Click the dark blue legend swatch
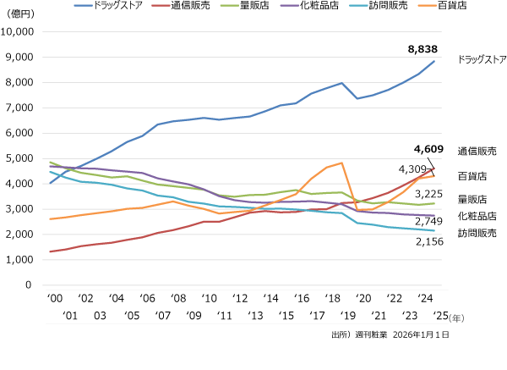tap(83, 5)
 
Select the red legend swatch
tap(161, 5)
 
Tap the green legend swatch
tap(229, 5)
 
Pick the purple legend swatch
tap(289, 5)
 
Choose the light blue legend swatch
tap(358, 5)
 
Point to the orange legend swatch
tap(428, 5)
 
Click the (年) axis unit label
tap(456, 318)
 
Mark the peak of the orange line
tap(341, 163)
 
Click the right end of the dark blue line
tap(434, 61)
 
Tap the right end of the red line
tap(434, 168)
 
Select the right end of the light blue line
tap(434, 230)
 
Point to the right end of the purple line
tap(434, 216)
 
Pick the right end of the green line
tap(434, 203)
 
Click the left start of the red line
tap(50, 251)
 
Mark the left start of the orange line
tap(50, 219)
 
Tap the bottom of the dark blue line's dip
tap(357, 99)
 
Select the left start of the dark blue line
tap(50, 183)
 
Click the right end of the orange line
tap(434, 176)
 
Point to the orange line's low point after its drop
tap(357, 210)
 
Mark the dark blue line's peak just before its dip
tap(341, 83)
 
